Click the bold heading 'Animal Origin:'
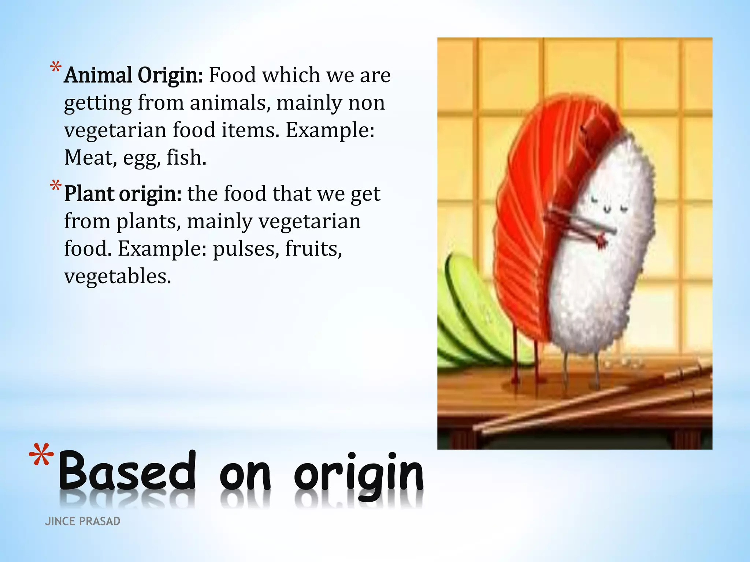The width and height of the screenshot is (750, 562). pyautogui.click(x=133, y=76)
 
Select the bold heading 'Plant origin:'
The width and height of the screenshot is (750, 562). pyautogui.click(x=123, y=194)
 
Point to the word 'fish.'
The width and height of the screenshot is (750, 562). pyautogui.click(x=186, y=158)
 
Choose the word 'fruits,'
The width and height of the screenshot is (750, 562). pyautogui.click(x=313, y=249)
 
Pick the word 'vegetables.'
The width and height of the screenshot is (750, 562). pyautogui.click(x=118, y=277)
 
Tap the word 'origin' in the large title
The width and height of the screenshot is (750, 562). pyautogui.click(x=359, y=473)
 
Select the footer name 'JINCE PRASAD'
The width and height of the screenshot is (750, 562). pyautogui.click(x=82, y=521)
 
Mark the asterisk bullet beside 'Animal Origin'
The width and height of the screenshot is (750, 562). pyautogui.click(x=55, y=68)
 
